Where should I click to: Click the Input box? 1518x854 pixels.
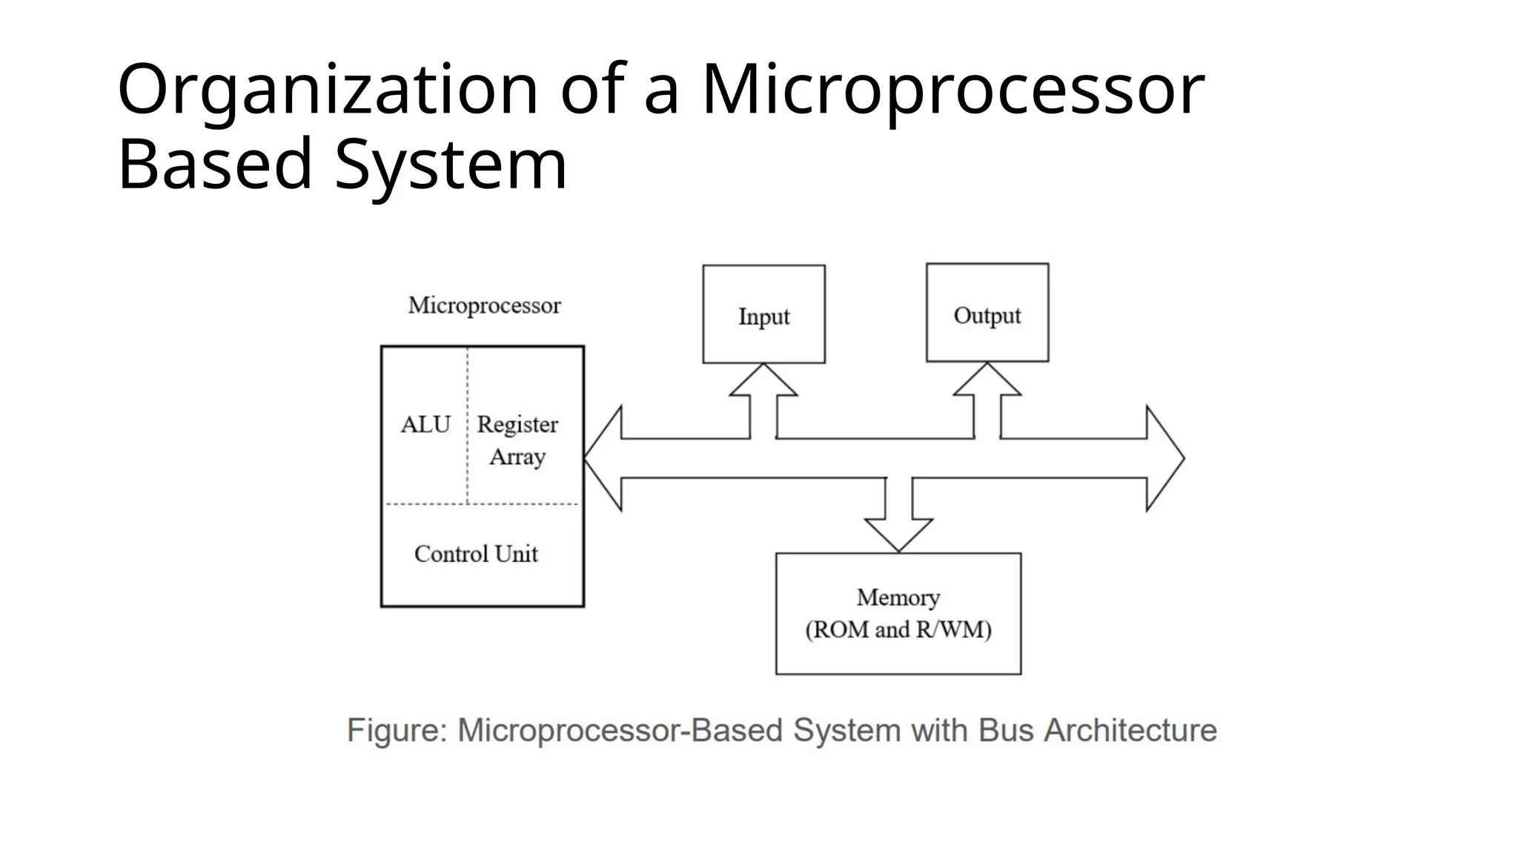tap(763, 314)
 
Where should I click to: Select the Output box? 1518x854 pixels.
tap(987, 313)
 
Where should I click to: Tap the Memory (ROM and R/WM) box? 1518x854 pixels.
tap(898, 613)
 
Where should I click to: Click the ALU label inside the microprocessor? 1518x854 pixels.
tap(425, 425)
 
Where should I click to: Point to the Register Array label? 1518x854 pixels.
tap(517, 440)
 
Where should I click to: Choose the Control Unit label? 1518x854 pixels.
tap(476, 554)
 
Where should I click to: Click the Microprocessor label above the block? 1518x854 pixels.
tap(485, 305)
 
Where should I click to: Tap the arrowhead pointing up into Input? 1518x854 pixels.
tap(763, 380)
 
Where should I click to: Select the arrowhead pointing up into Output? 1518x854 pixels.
tap(987, 379)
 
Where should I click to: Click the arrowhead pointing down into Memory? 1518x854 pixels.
tap(898, 535)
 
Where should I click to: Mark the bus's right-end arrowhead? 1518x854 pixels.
tap(1165, 458)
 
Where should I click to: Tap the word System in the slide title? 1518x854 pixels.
tap(451, 165)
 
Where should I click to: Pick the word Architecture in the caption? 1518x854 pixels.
tap(1130, 731)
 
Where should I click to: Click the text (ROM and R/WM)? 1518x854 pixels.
tap(898, 630)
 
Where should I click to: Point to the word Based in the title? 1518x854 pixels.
tap(215, 165)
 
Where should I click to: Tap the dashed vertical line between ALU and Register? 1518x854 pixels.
tap(468, 425)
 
